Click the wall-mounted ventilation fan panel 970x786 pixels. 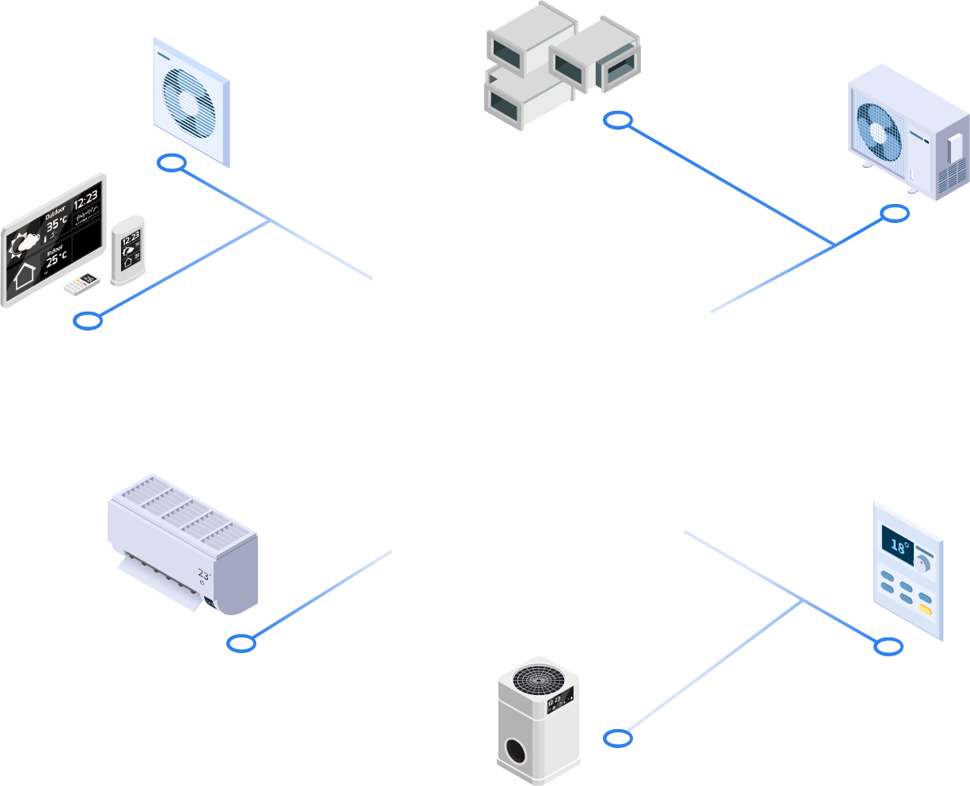point(191,102)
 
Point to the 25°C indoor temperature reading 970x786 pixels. point(56,259)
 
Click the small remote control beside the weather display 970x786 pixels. point(82,282)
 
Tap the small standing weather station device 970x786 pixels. point(127,250)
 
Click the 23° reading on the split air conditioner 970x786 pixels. point(204,575)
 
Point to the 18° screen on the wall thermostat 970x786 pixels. point(900,546)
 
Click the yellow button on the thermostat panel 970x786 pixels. point(924,610)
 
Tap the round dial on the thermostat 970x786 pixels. point(923,563)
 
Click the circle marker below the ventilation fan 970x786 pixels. point(172,164)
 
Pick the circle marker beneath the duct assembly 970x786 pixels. point(618,121)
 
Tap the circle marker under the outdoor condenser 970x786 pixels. point(895,214)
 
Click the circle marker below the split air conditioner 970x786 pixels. point(241,643)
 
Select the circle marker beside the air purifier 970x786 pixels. point(618,739)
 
